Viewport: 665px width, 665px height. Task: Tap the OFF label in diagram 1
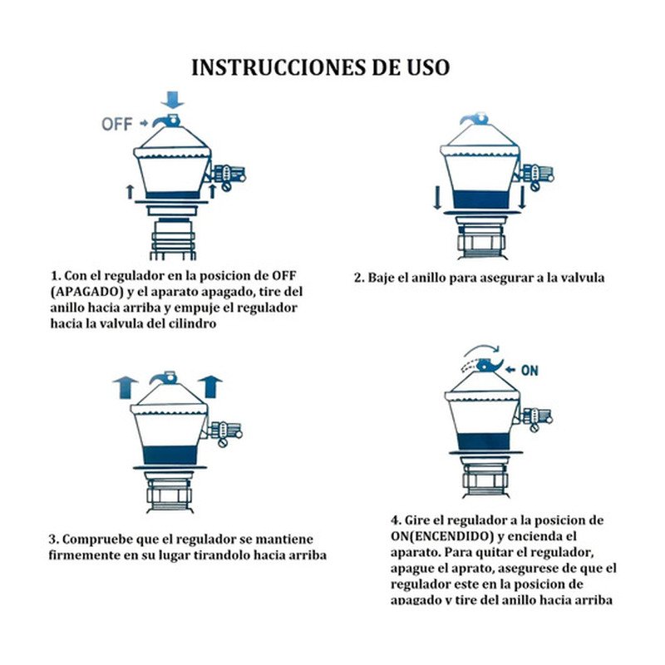117,124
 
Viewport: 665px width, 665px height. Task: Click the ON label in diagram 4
530,370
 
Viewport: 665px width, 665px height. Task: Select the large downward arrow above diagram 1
173,100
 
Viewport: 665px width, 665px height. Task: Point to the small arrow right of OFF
144,124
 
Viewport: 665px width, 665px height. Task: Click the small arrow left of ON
511,370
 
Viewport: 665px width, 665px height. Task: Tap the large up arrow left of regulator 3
126,387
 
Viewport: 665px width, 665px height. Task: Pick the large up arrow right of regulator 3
210,387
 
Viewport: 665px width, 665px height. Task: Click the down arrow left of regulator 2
437,197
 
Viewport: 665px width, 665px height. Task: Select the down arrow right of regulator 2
522,197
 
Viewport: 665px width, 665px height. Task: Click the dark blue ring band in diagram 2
480,199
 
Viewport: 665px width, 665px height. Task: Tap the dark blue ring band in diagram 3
170,456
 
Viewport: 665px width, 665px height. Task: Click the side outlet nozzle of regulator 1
229,175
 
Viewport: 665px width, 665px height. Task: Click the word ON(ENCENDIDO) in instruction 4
442,536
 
